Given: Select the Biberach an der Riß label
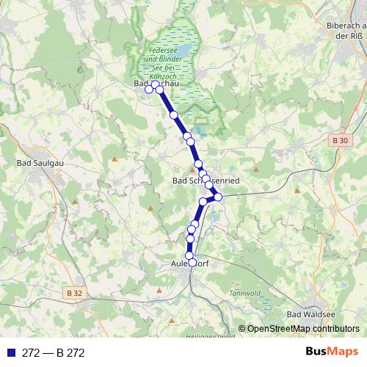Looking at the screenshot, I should point(345,30).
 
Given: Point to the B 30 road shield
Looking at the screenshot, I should point(338,140).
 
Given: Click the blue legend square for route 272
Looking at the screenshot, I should point(10,353).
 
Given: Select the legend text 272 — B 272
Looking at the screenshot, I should point(54,353).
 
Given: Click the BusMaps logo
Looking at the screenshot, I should point(333,352).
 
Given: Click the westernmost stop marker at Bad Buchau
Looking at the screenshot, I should point(149,90).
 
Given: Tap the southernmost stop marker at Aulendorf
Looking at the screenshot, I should point(193,262).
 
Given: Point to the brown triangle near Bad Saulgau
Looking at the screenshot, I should point(115,159).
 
